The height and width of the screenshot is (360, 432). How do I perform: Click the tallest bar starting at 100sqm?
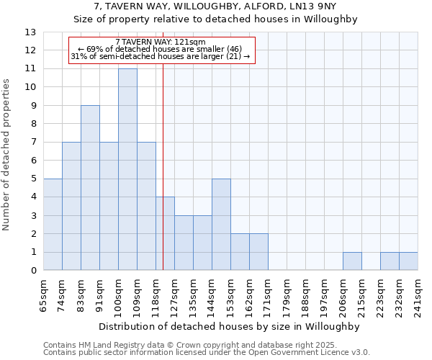tap(127, 169)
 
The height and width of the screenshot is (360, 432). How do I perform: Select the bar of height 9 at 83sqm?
tap(90, 188)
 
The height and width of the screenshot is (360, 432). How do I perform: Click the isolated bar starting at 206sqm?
tap(352, 261)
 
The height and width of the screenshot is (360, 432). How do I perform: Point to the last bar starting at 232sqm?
tap(408, 261)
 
